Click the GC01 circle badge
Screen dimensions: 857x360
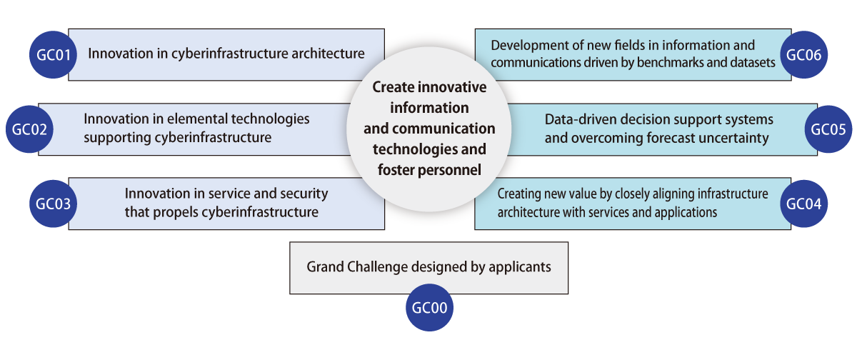53,55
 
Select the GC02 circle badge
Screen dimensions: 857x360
29,129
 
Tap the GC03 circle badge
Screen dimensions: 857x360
53,204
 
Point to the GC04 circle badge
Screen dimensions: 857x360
804,204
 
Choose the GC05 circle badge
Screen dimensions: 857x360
828,129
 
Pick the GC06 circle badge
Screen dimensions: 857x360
804,55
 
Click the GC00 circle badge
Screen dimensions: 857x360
429,308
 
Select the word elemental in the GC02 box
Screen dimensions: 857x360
196,119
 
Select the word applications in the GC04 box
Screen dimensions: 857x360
686,213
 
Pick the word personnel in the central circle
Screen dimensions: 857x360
449,170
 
